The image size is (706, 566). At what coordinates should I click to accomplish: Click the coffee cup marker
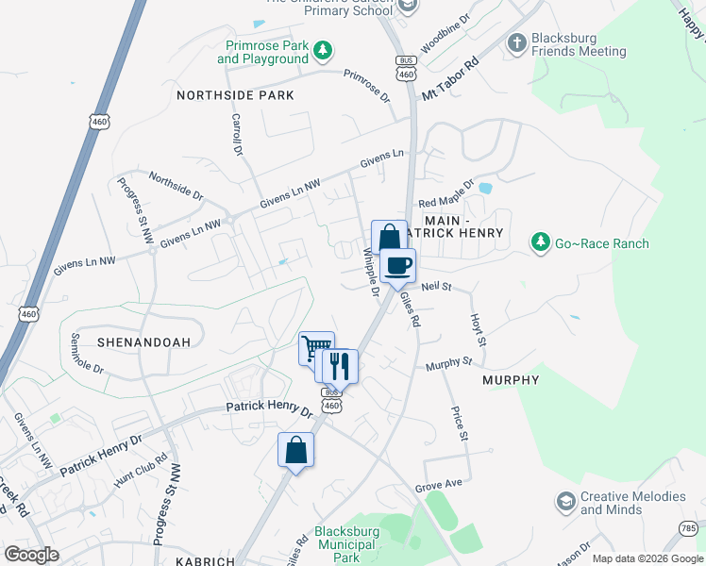click(398, 265)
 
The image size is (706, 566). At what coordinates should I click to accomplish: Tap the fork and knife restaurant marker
click(340, 365)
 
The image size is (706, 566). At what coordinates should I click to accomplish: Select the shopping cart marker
click(316, 348)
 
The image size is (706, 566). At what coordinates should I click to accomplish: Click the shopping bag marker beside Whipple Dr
click(389, 238)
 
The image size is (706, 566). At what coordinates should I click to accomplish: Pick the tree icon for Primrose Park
click(323, 50)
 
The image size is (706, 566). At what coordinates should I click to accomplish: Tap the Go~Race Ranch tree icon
click(540, 243)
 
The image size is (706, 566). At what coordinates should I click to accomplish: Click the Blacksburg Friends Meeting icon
click(516, 42)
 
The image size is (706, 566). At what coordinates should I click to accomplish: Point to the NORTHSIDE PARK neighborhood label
click(235, 95)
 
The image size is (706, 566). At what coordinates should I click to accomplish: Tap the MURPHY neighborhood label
click(511, 380)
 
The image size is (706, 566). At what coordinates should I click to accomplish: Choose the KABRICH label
click(205, 560)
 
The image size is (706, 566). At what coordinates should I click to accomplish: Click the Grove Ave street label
click(440, 485)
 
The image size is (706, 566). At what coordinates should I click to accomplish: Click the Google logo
click(32, 554)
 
